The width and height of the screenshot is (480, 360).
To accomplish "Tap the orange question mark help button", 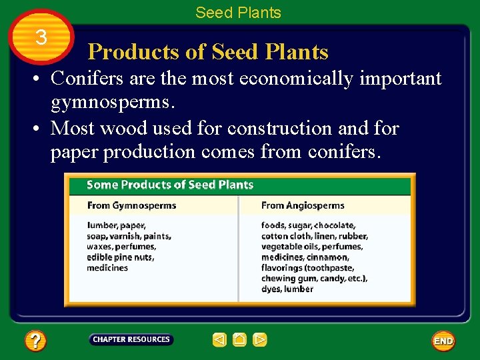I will (x=35, y=341).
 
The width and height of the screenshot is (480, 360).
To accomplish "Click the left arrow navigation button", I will (x=219, y=340).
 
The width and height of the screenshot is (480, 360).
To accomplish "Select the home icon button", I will (x=240, y=340).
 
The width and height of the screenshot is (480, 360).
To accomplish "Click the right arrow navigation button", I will (x=260, y=340).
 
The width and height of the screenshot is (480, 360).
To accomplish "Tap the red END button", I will (x=443, y=341).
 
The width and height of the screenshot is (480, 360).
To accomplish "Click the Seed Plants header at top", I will (x=238, y=13).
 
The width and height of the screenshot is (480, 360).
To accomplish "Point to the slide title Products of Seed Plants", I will (x=208, y=51).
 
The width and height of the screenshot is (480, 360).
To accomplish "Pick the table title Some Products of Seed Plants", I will (x=170, y=185).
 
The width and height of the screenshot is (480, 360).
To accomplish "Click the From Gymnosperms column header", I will (x=131, y=205).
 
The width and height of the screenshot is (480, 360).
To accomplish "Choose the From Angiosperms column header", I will (x=303, y=205).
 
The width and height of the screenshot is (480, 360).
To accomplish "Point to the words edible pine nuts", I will (x=120, y=257).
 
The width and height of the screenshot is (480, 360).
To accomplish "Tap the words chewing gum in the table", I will (x=288, y=279).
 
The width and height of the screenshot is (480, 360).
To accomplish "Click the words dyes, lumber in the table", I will (x=287, y=289).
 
